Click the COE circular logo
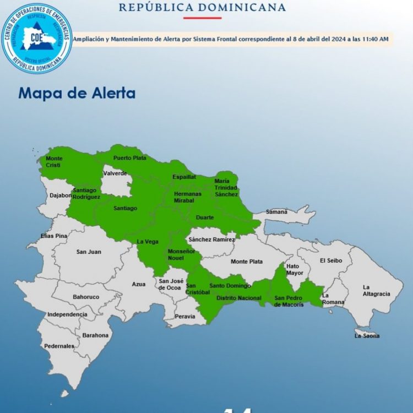(x=37, y=38)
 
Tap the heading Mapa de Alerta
(x=77, y=93)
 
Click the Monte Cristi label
(x=54, y=162)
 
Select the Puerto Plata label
(x=130, y=158)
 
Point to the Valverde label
(x=115, y=173)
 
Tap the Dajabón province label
(x=61, y=195)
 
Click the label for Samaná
(x=277, y=211)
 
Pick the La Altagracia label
(x=376, y=290)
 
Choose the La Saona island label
(x=367, y=335)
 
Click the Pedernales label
(x=59, y=346)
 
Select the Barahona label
(x=96, y=335)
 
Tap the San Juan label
(x=89, y=252)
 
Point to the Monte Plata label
(x=246, y=262)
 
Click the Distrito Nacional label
(x=238, y=298)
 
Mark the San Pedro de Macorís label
(x=289, y=301)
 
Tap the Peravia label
(x=184, y=316)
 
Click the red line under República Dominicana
(x=202, y=18)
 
